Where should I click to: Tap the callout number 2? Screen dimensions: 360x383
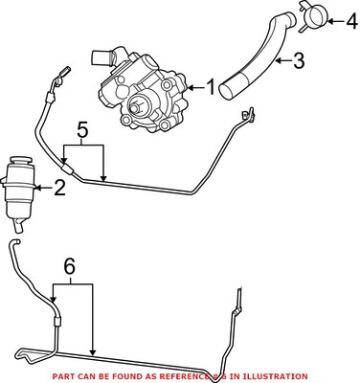click(x=59, y=188)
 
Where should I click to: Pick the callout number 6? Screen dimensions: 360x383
click(x=68, y=265)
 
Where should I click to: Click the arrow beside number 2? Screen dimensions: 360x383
click(x=43, y=188)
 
